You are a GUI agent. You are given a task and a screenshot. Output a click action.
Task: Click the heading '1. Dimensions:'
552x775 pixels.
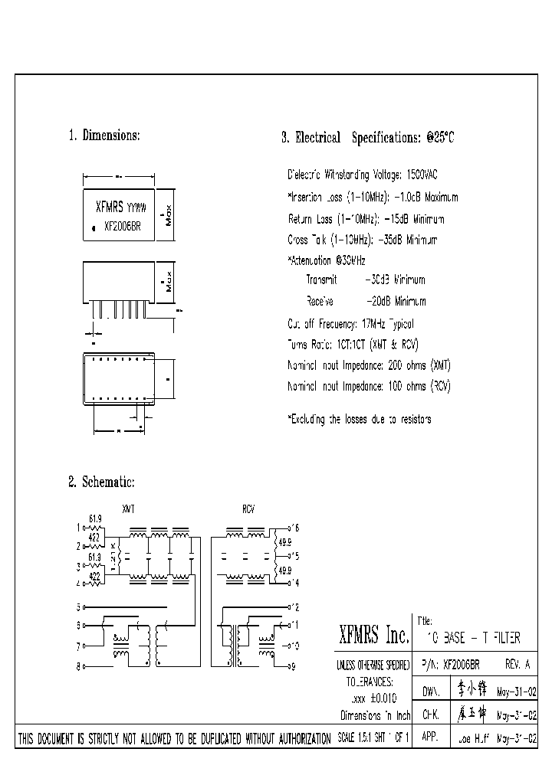tap(103, 136)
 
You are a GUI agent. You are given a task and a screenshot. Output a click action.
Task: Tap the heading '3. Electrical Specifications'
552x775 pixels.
tap(368, 138)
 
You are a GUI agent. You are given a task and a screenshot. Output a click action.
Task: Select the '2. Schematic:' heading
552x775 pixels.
tap(101, 482)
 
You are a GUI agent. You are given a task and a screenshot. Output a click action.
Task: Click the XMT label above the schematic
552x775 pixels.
tap(129, 508)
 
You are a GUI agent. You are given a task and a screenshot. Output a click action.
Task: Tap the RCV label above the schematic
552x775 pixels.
tap(248, 508)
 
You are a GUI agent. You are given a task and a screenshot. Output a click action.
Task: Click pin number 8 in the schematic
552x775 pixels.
tap(77, 667)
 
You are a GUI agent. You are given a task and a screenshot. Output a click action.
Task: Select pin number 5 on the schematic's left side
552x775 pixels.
tap(77, 607)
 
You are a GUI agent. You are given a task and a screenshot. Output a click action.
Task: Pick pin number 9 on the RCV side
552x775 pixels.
tap(292, 667)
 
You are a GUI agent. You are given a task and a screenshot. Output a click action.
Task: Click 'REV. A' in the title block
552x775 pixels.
tap(517, 665)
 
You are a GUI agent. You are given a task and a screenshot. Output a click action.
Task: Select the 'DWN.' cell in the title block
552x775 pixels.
tap(432, 691)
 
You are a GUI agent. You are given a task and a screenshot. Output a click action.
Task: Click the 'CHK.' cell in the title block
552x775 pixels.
tap(431, 715)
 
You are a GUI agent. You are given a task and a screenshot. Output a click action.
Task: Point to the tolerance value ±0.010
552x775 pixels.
tap(381, 698)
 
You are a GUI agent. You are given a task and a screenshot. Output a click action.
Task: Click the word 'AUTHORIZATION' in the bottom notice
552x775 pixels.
tap(287, 739)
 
